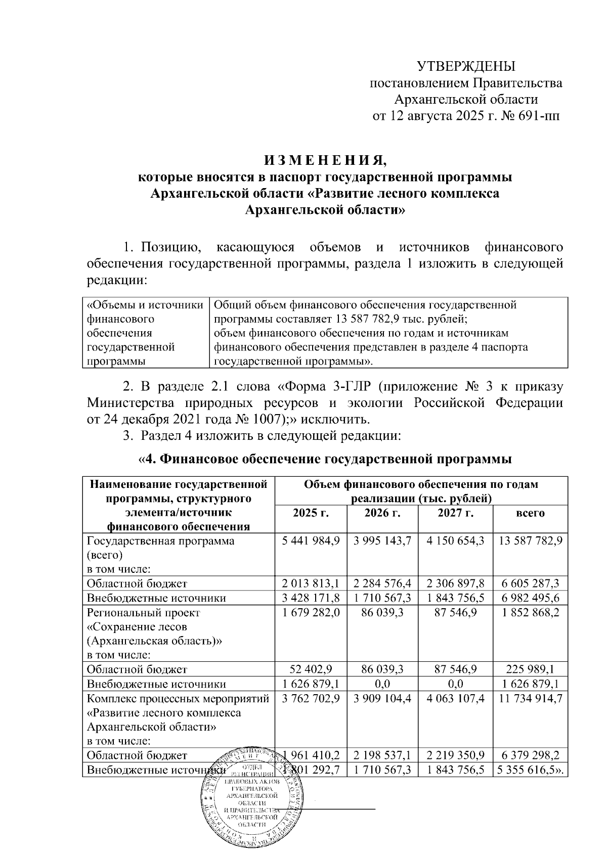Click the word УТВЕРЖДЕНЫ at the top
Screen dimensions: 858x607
pyautogui.click(x=466, y=67)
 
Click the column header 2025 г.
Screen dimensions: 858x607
pyautogui.click(x=311, y=513)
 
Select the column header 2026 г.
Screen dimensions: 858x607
pyautogui.click(x=382, y=513)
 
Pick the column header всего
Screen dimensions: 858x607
pyautogui.click(x=530, y=513)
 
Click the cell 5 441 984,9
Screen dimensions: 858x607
pyautogui.click(x=311, y=540)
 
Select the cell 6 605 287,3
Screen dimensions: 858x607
pyautogui.click(x=530, y=583)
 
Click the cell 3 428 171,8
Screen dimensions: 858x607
pyautogui.click(x=311, y=598)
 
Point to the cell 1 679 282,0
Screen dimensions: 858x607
pyautogui.click(x=311, y=612)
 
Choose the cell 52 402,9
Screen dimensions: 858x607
pyautogui.click(x=311, y=669)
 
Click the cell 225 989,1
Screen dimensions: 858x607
pyautogui.click(x=530, y=669)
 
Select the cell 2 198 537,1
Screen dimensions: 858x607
pyautogui.click(x=382, y=755)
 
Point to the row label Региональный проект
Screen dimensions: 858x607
pyautogui.click(x=144, y=612)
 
